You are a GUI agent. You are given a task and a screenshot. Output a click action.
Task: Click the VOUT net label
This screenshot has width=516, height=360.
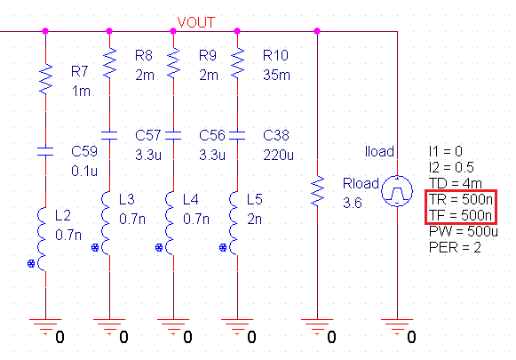(196, 20)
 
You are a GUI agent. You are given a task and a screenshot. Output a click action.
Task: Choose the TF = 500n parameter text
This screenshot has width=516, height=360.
(461, 215)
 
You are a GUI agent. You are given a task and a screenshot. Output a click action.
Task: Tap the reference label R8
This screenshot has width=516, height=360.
(144, 55)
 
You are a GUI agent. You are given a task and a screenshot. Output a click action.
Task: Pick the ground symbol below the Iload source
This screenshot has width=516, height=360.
(394, 328)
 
